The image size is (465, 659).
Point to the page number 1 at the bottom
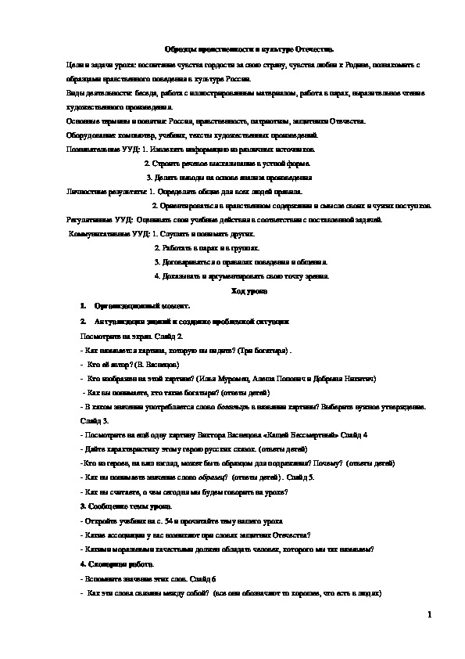click(429, 615)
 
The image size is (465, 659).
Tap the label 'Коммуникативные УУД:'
click(109, 234)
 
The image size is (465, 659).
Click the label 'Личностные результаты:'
click(107, 191)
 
